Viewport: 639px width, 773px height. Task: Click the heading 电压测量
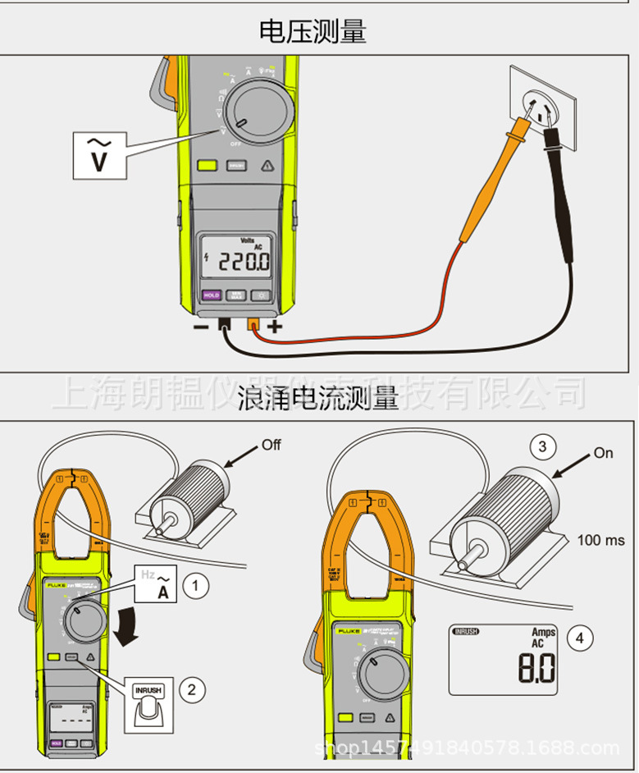[x=313, y=31]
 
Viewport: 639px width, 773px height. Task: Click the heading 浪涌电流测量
[x=318, y=400]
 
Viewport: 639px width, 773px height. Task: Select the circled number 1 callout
[x=194, y=586]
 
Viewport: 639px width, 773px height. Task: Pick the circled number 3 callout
[x=541, y=447]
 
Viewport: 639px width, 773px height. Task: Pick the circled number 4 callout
[x=581, y=638]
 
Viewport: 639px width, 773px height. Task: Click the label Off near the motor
[x=272, y=444]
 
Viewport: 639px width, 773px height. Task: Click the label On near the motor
[x=603, y=453]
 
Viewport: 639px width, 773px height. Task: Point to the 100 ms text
[x=600, y=540]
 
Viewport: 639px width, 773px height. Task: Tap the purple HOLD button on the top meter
[x=212, y=295]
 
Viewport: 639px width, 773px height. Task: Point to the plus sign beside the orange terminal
[x=274, y=327]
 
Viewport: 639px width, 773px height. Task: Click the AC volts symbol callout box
[x=99, y=155]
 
